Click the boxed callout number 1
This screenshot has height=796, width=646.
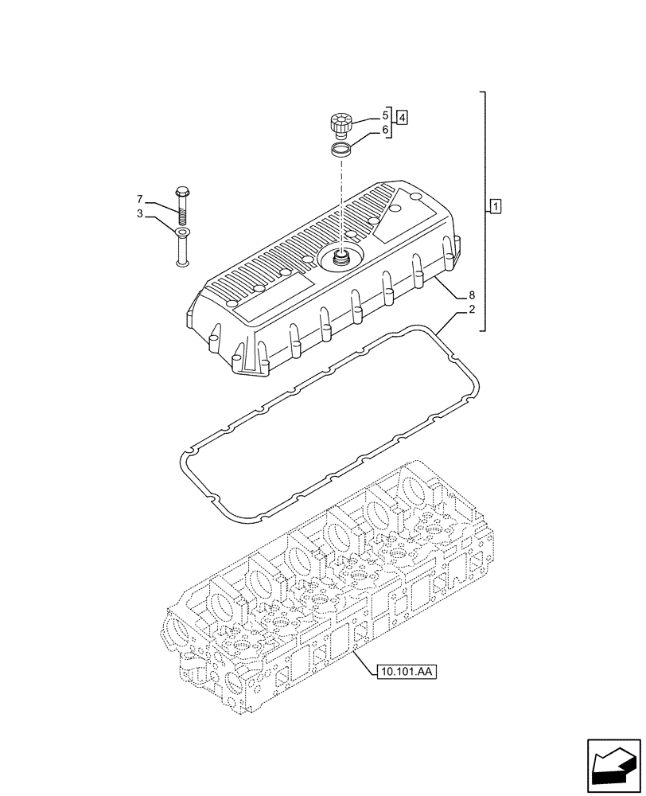[x=496, y=208]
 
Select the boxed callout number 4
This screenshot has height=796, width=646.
[x=403, y=118]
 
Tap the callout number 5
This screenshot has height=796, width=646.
[x=385, y=115]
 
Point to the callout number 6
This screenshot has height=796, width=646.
[x=385, y=130]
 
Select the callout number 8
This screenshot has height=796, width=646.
[x=472, y=295]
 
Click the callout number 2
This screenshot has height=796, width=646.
[x=472, y=310]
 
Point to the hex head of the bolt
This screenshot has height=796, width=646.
[x=181, y=192]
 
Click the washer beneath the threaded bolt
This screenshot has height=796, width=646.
[x=182, y=232]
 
